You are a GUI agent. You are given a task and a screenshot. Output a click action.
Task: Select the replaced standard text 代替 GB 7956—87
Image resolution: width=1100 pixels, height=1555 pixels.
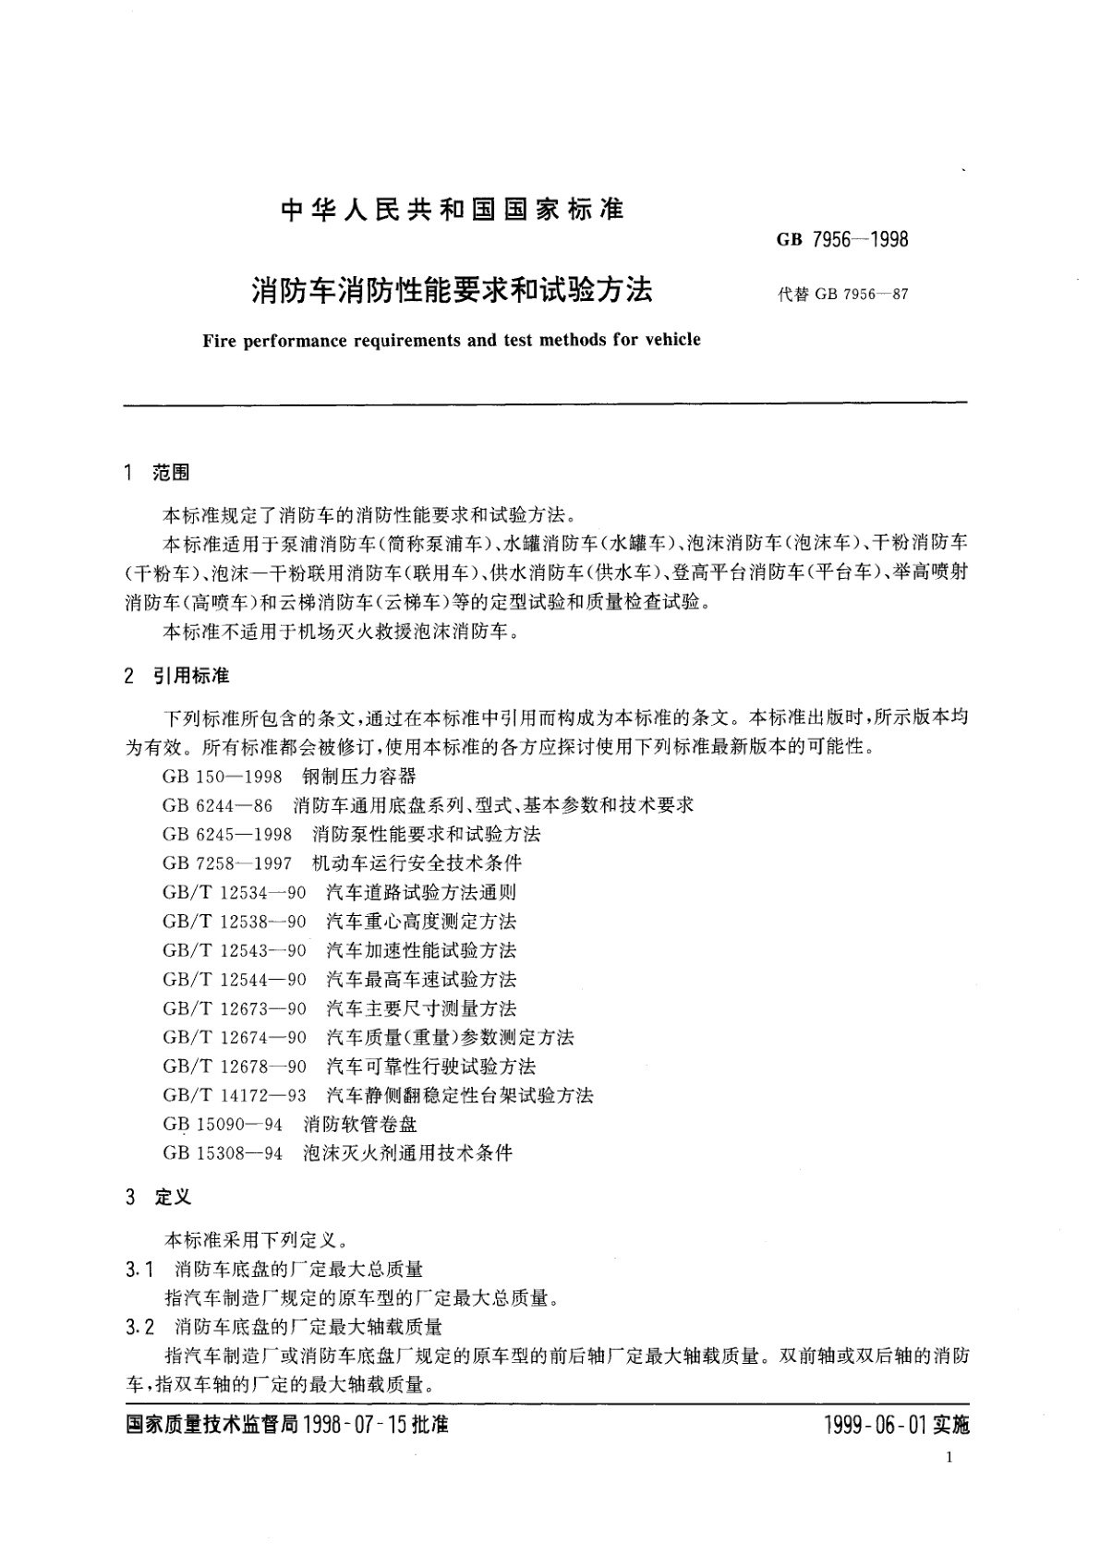coord(843,295)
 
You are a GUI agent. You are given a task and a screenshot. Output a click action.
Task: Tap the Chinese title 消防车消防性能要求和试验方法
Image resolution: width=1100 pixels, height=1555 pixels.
coord(452,290)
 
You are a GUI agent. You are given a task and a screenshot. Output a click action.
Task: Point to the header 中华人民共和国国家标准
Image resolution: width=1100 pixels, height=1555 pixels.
coord(452,210)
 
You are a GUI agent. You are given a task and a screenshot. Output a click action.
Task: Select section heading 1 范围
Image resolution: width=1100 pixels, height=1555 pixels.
coord(156,473)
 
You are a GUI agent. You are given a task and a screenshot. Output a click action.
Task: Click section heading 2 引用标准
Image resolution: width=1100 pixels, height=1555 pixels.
coord(176,676)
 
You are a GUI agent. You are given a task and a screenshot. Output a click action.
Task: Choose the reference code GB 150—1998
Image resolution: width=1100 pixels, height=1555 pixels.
coord(222,777)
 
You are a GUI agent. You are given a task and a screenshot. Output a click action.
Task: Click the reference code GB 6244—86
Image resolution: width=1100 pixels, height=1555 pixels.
coord(217,805)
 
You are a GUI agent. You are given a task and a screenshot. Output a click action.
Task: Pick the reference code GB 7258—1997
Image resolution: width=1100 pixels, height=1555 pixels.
coord(227,863)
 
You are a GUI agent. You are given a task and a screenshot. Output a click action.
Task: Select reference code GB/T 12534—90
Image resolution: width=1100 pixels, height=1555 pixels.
coord(235,892)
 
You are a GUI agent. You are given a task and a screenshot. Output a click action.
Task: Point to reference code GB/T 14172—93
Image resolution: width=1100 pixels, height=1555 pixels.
coord(235,1096)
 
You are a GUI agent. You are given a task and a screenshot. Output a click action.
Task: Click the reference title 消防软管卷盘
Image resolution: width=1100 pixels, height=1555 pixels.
coord(360,1125)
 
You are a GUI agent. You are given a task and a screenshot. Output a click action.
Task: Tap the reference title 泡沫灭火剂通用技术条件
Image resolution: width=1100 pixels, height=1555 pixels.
coord(407,1153)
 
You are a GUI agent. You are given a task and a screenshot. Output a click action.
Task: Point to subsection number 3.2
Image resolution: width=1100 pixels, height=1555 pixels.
coord(139,1327)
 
